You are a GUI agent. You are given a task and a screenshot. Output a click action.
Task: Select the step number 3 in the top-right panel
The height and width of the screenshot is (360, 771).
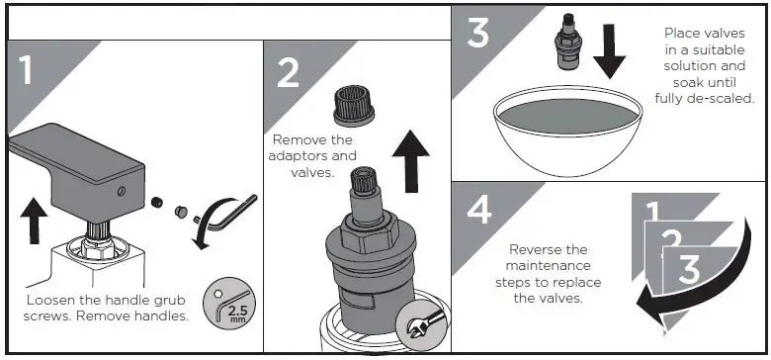(476, 32)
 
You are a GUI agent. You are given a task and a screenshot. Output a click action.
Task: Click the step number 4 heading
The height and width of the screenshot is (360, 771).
(477, 211)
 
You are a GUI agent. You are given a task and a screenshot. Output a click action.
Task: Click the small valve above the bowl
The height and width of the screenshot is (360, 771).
(567, 45)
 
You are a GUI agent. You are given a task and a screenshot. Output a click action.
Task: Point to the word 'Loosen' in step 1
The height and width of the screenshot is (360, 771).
(53, 300)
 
